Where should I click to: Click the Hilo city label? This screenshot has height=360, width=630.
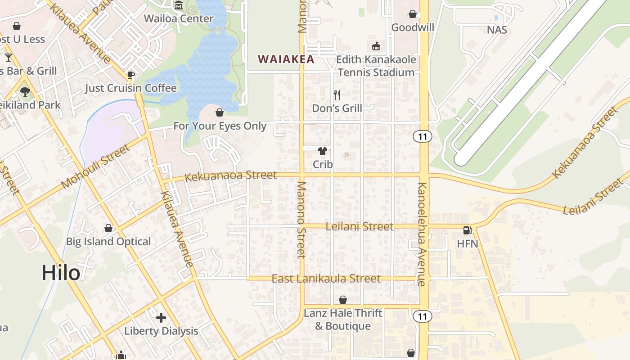61,273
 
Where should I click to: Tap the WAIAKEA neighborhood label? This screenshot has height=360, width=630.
286,59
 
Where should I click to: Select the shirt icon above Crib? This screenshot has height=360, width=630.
323,151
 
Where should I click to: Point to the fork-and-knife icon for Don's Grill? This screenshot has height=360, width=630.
337,95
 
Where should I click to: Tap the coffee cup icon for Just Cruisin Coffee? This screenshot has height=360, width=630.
131,75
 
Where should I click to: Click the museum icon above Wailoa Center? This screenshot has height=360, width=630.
179,6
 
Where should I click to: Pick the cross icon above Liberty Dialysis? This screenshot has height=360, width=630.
161,318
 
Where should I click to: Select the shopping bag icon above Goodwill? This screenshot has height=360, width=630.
412,14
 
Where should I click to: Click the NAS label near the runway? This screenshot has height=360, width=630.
497,30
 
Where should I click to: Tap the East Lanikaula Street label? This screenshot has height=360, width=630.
326,279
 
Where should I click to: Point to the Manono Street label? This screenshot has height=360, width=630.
301,220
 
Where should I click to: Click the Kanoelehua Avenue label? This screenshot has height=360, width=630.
422,234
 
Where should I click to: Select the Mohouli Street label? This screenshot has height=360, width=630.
95,166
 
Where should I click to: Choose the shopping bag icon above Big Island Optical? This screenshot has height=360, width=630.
108,228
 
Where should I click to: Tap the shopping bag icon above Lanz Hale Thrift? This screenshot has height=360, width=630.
343,300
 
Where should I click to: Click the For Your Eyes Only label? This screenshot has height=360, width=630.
220,126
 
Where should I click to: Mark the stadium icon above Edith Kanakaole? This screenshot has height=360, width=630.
376,46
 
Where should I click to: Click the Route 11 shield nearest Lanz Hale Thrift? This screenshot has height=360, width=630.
422,316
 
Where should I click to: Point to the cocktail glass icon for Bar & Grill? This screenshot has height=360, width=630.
9,58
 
